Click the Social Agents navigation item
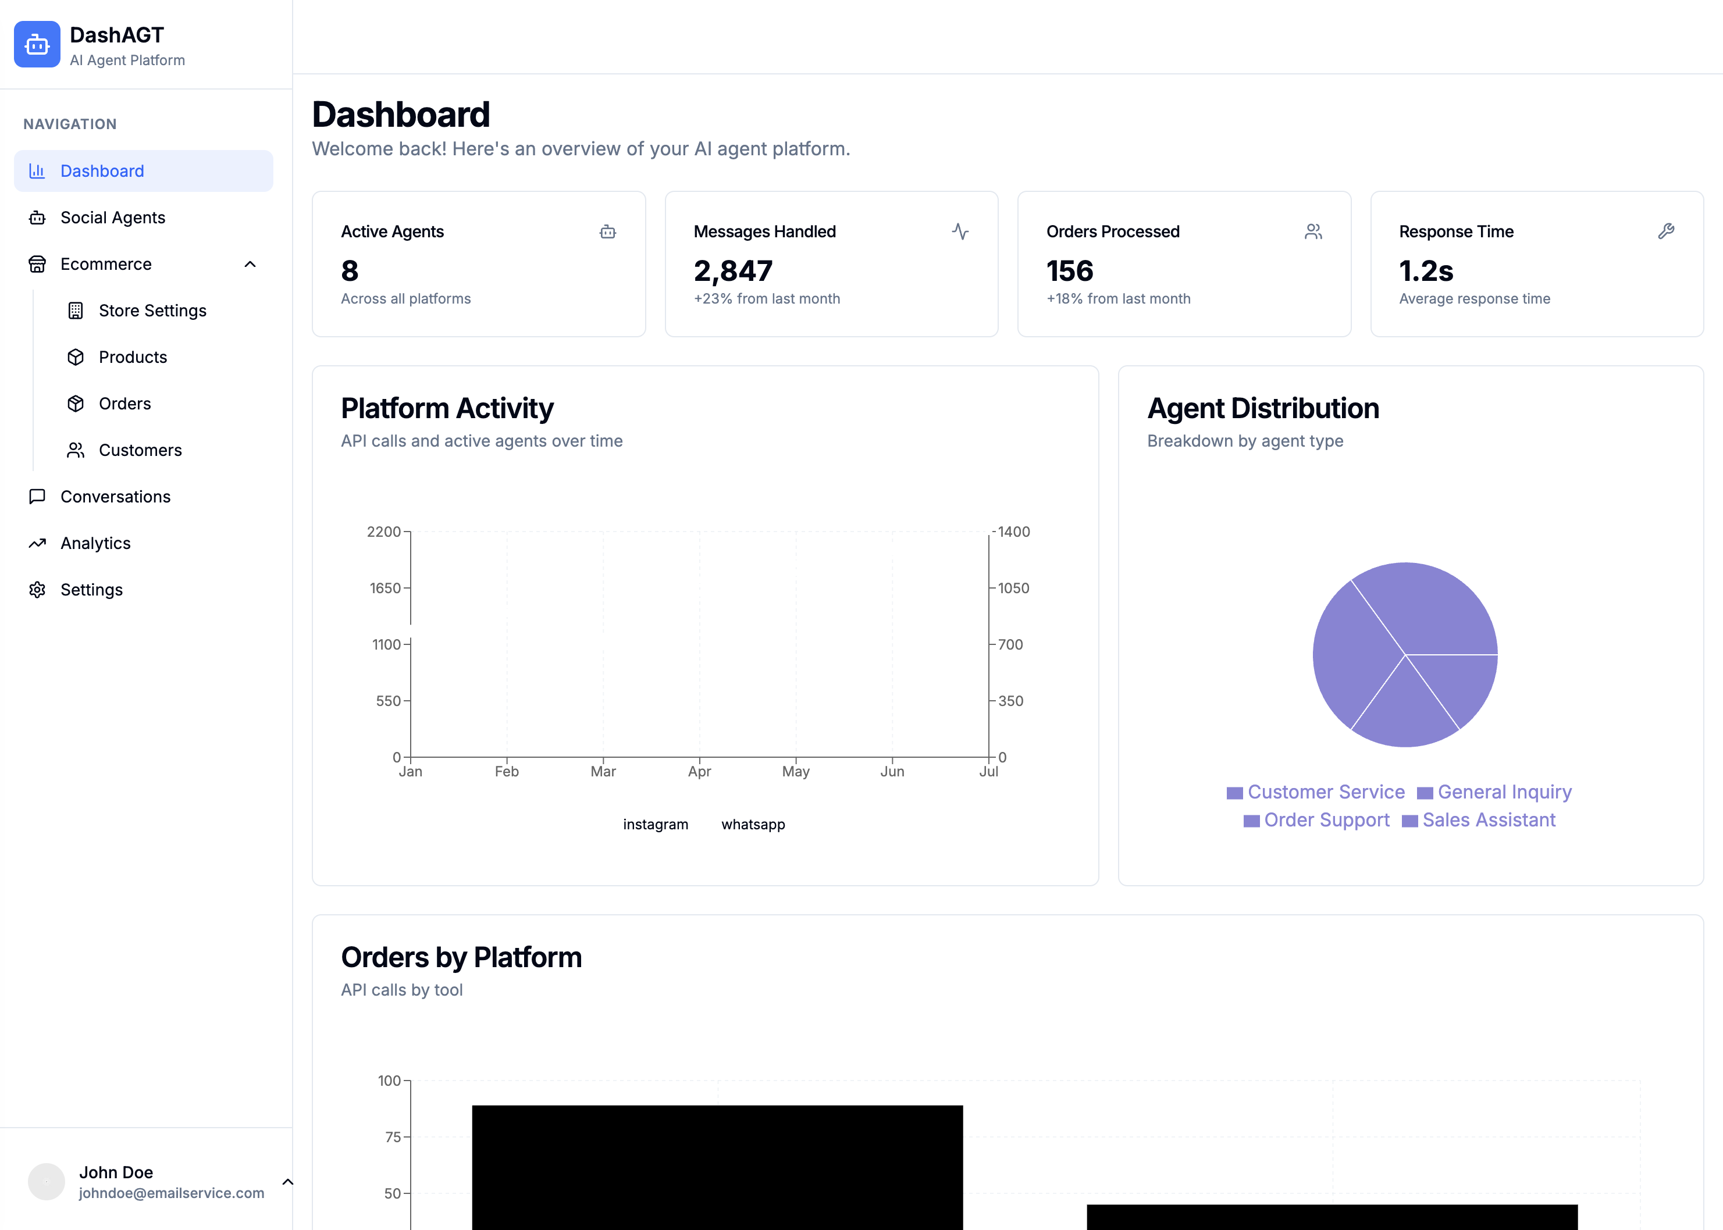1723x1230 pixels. point(112,218)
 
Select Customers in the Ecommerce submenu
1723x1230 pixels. point(140,450)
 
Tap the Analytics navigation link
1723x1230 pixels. point(95,543)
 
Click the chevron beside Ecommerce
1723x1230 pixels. point(250,265)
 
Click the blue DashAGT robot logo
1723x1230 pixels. point(36,45)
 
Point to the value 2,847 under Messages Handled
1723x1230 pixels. point(732,271)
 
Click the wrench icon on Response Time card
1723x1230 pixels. point(1665,231)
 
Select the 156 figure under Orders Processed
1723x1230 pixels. point(1069,271)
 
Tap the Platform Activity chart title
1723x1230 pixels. point(447,408)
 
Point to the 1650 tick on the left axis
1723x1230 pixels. point(385,588)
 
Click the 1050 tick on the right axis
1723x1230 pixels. point(1013,588)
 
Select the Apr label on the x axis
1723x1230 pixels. point(699,771)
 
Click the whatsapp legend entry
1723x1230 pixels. point(752,824)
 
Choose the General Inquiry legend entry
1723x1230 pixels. point(1503,792)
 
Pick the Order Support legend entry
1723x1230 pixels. point(1325,819)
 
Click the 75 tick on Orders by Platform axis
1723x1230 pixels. point(392,1136)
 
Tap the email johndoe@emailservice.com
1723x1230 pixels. point(171,1193)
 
